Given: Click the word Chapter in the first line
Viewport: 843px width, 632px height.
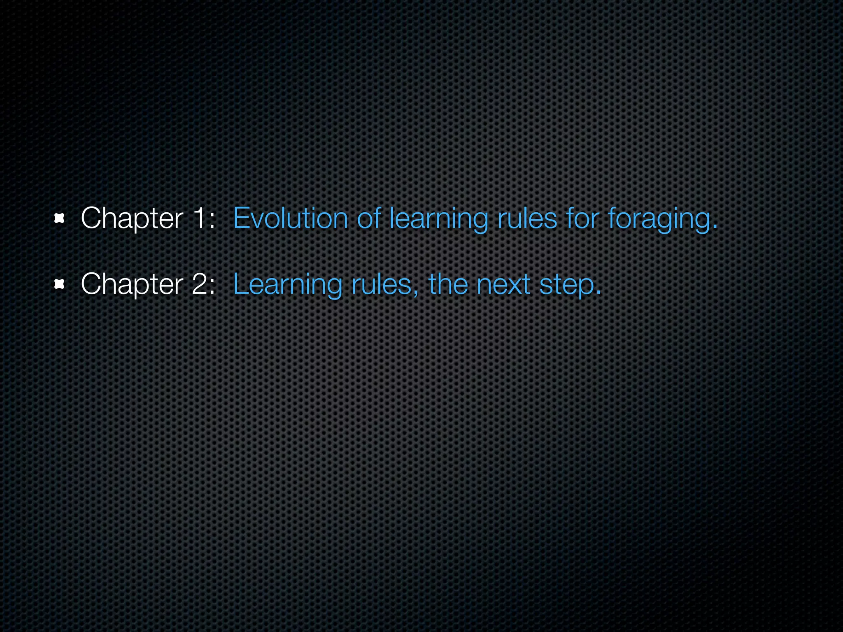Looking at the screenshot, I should click(x=132, y=218).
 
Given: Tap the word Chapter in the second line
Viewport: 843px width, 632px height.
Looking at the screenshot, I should click(x=132, y=284).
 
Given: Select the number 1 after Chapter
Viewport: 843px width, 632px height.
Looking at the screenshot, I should click(x=199, y=218).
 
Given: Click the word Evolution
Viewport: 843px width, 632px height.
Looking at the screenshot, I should click(x=291, y=218).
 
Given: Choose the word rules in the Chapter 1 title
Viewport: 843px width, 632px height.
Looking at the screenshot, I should click(x=527, y=218).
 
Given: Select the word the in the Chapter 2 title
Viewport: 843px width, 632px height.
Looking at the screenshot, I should click(x=448, y=284).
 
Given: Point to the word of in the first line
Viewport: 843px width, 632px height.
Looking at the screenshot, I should click(x=368, y=218).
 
